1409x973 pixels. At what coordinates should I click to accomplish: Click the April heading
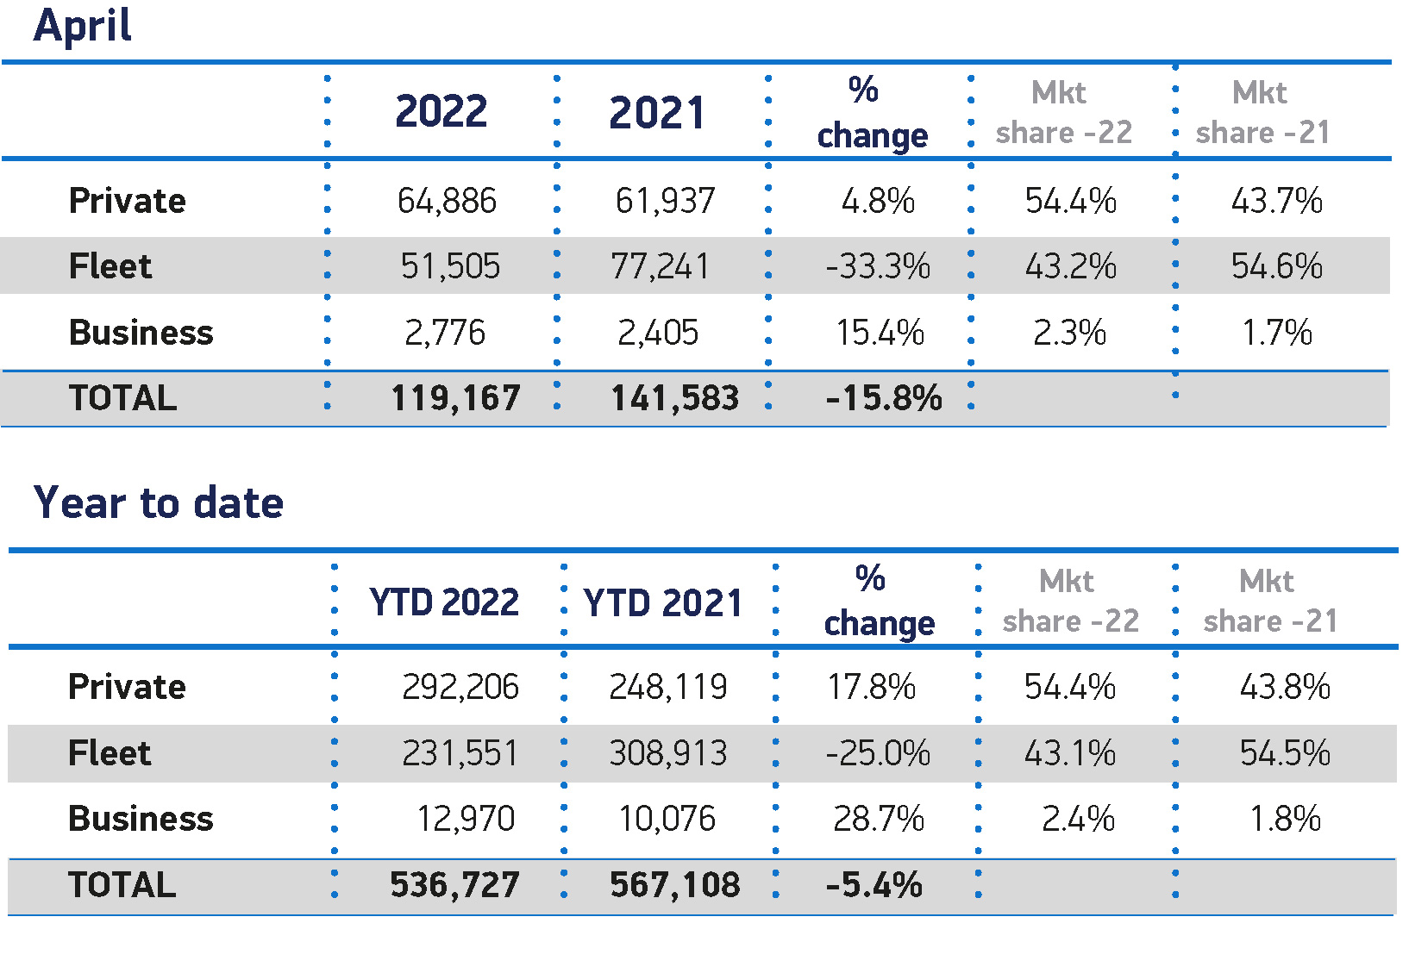[83, 26]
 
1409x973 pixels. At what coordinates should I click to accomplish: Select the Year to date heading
[159, 502]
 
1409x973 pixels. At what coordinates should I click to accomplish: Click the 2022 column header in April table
[441, 112]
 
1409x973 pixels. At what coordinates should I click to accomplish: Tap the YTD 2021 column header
[662, 603]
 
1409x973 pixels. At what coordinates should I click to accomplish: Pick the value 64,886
[447, 201]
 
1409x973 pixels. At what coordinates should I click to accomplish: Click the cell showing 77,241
[660, 266]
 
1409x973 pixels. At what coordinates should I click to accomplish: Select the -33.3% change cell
[878, 266]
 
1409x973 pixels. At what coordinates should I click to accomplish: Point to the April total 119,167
[455, 398]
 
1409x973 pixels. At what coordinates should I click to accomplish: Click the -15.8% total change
[883, 398]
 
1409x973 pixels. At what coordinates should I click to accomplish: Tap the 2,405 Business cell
[658, 333]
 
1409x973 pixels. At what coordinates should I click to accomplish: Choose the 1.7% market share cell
[1277, 333]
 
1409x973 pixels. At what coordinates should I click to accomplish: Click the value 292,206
[460, 688]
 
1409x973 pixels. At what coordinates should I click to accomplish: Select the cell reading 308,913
[668, 753]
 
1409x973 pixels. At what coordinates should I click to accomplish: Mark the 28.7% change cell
[878, 819]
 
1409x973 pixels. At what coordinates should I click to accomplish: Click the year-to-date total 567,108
[674, 885]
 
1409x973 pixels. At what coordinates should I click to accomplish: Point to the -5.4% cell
[874, 885]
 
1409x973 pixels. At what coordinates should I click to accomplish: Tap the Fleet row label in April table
[110, 266]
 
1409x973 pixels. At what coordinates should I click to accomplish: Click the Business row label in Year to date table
[141, 819]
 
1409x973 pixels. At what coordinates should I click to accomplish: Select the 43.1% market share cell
[1069, 753]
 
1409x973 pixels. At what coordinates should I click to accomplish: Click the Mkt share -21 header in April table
[1262, 112]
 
